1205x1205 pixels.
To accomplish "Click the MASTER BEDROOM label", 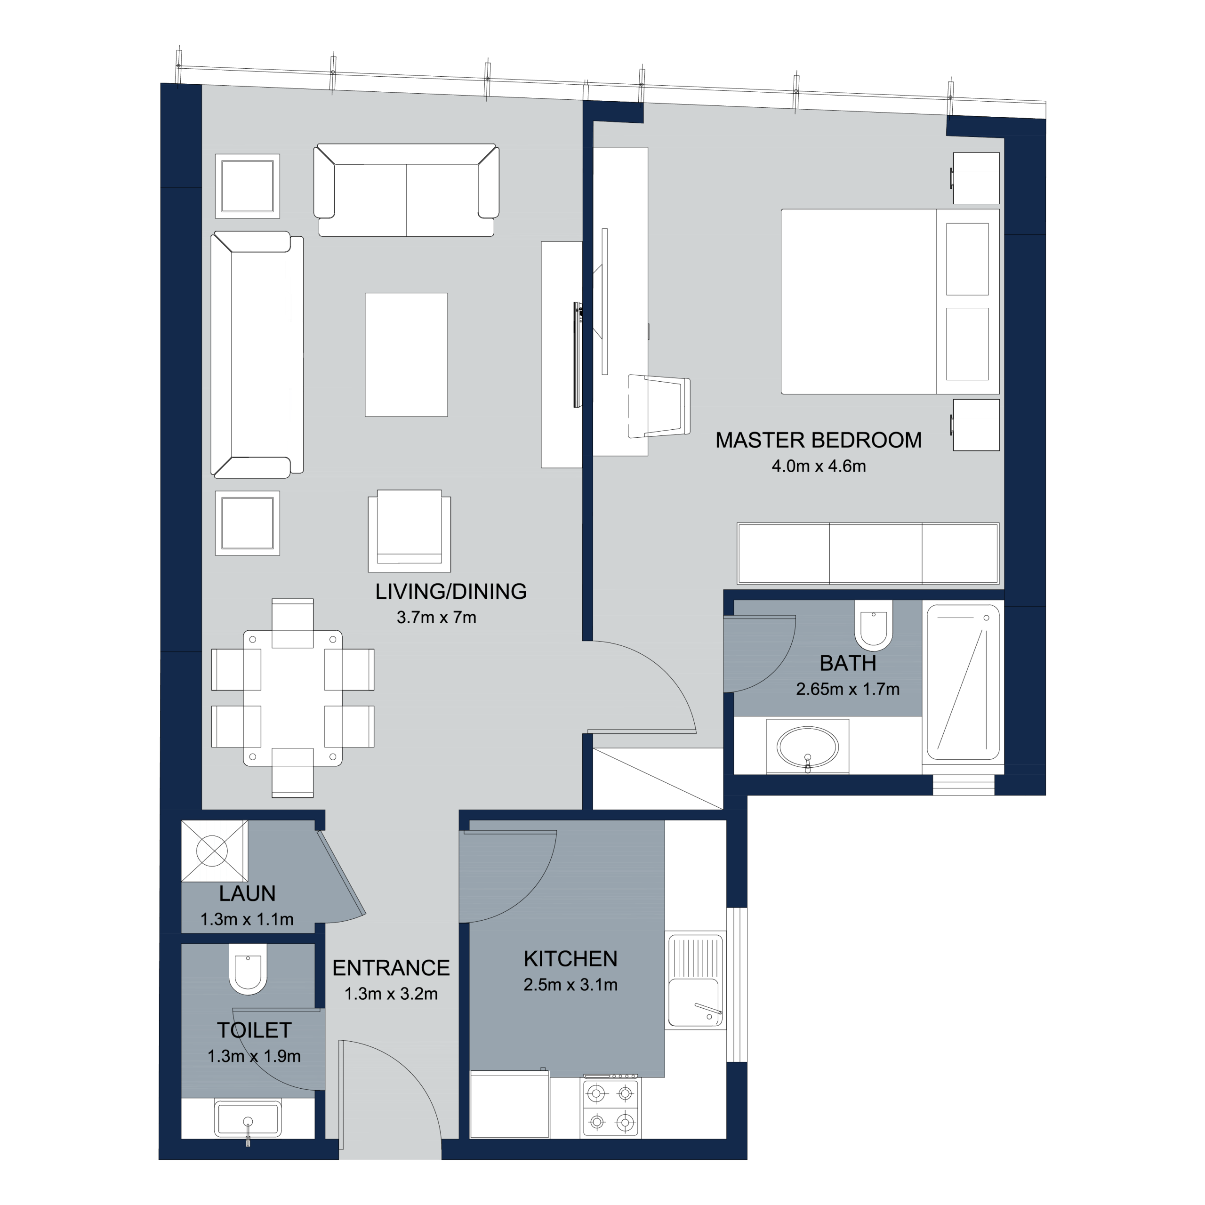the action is pos(818,440).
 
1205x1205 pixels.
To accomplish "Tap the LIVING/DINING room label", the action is pos(450,591).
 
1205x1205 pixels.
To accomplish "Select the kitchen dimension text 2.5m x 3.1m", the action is pos(570,984).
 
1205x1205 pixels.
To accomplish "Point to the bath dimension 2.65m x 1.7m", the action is pos(848,689).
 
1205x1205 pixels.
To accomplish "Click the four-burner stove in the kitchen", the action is pos(611,1107).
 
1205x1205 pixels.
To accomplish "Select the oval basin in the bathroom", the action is pos(807,746).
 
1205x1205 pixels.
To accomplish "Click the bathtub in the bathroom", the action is pos(963,682).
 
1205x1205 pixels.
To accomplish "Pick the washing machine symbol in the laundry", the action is pos(214,850).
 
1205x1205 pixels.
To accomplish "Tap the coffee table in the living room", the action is pos(406,354).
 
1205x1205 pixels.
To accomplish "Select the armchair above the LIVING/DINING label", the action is pos(409,531).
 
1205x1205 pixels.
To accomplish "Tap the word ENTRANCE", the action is pos(391,968).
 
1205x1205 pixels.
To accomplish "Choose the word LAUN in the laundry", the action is pos(247,893).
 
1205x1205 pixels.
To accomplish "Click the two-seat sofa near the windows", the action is pos(406,190).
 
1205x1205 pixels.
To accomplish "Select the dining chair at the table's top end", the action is pos(292,623).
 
